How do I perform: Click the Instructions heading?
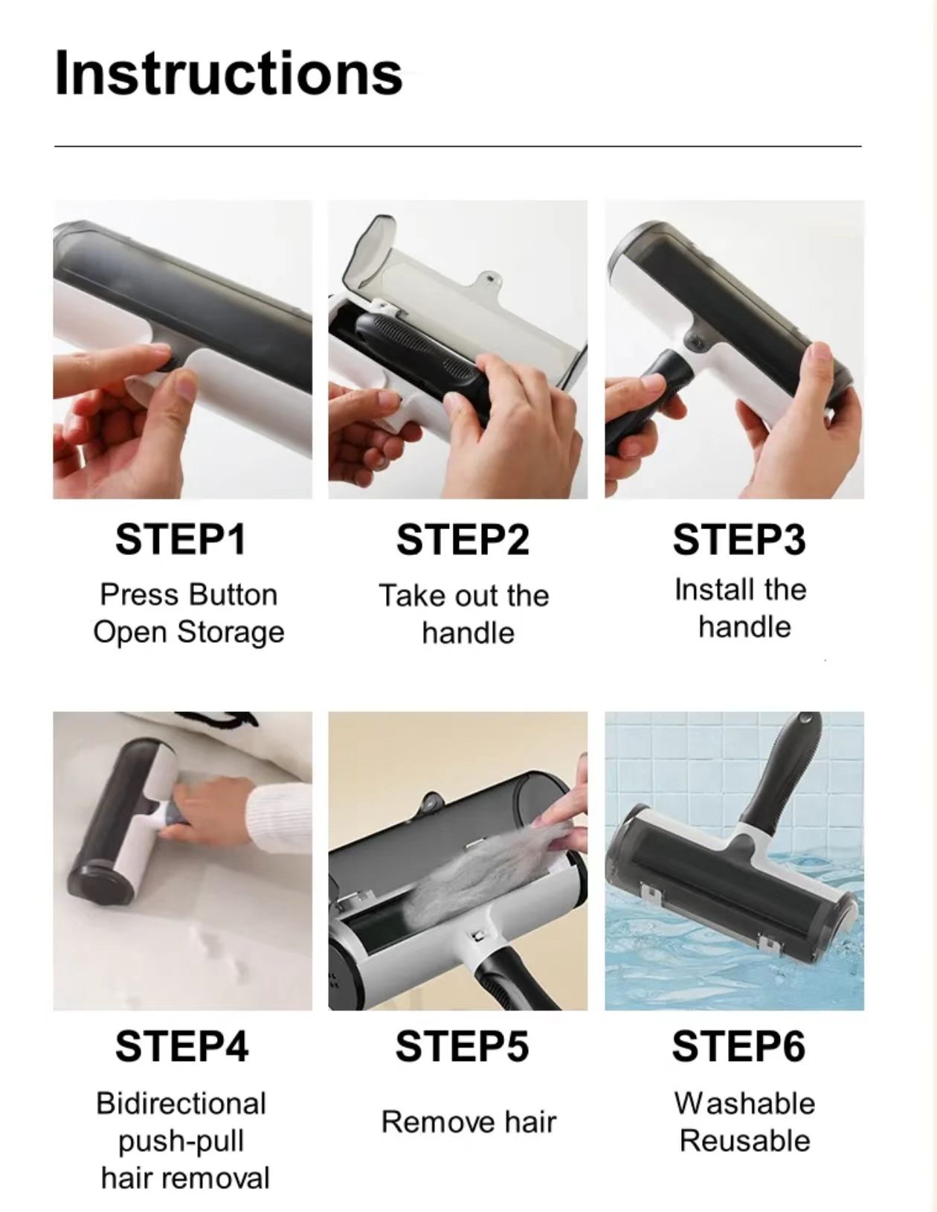click(228, 73)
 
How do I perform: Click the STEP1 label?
click(181, 539)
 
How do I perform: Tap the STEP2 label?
click(462, 539)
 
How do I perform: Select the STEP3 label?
click(738, 539)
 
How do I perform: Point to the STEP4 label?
click(181, 1045)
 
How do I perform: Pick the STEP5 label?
click(462, 1045)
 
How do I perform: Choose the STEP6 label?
click(738, 1045)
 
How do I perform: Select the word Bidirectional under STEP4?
click(181, 1103)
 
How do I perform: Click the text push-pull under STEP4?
click(181, 1141)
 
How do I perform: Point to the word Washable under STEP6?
click(744, 1103)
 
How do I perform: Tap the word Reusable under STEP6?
click(744, 1141)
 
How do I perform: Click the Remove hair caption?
click(468, 1121)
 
